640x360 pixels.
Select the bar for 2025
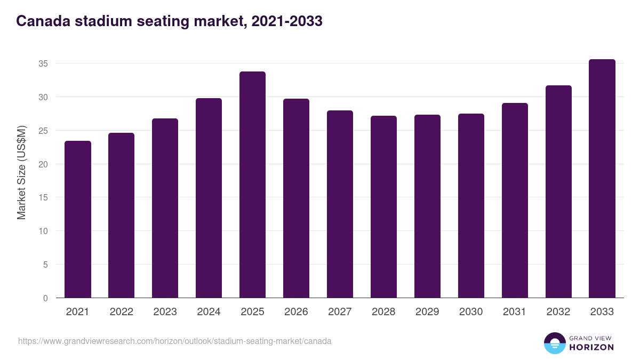coord(252,185)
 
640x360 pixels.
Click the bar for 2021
coord(78,219)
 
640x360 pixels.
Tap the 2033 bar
coord(602,179)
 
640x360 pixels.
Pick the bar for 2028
coord(383,207)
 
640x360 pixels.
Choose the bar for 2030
coord(471,206)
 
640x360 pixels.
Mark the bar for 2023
coord(165,208)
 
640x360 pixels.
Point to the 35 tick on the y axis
coord(43,63)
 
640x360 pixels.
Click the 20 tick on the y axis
coord(43,164)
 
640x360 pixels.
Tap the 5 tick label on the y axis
coord(45,265)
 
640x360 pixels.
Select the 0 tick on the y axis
coord(45,298)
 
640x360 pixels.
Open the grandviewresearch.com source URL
coord(175,341)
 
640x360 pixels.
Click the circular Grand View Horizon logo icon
coord(554,343)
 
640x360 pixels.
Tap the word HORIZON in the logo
coord(591,347)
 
